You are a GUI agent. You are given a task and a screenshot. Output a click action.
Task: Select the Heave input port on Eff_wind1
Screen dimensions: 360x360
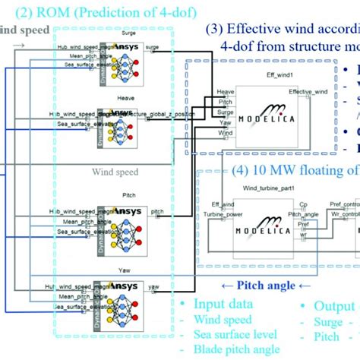226,91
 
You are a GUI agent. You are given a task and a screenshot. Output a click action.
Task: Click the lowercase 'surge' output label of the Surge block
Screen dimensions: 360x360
152,46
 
